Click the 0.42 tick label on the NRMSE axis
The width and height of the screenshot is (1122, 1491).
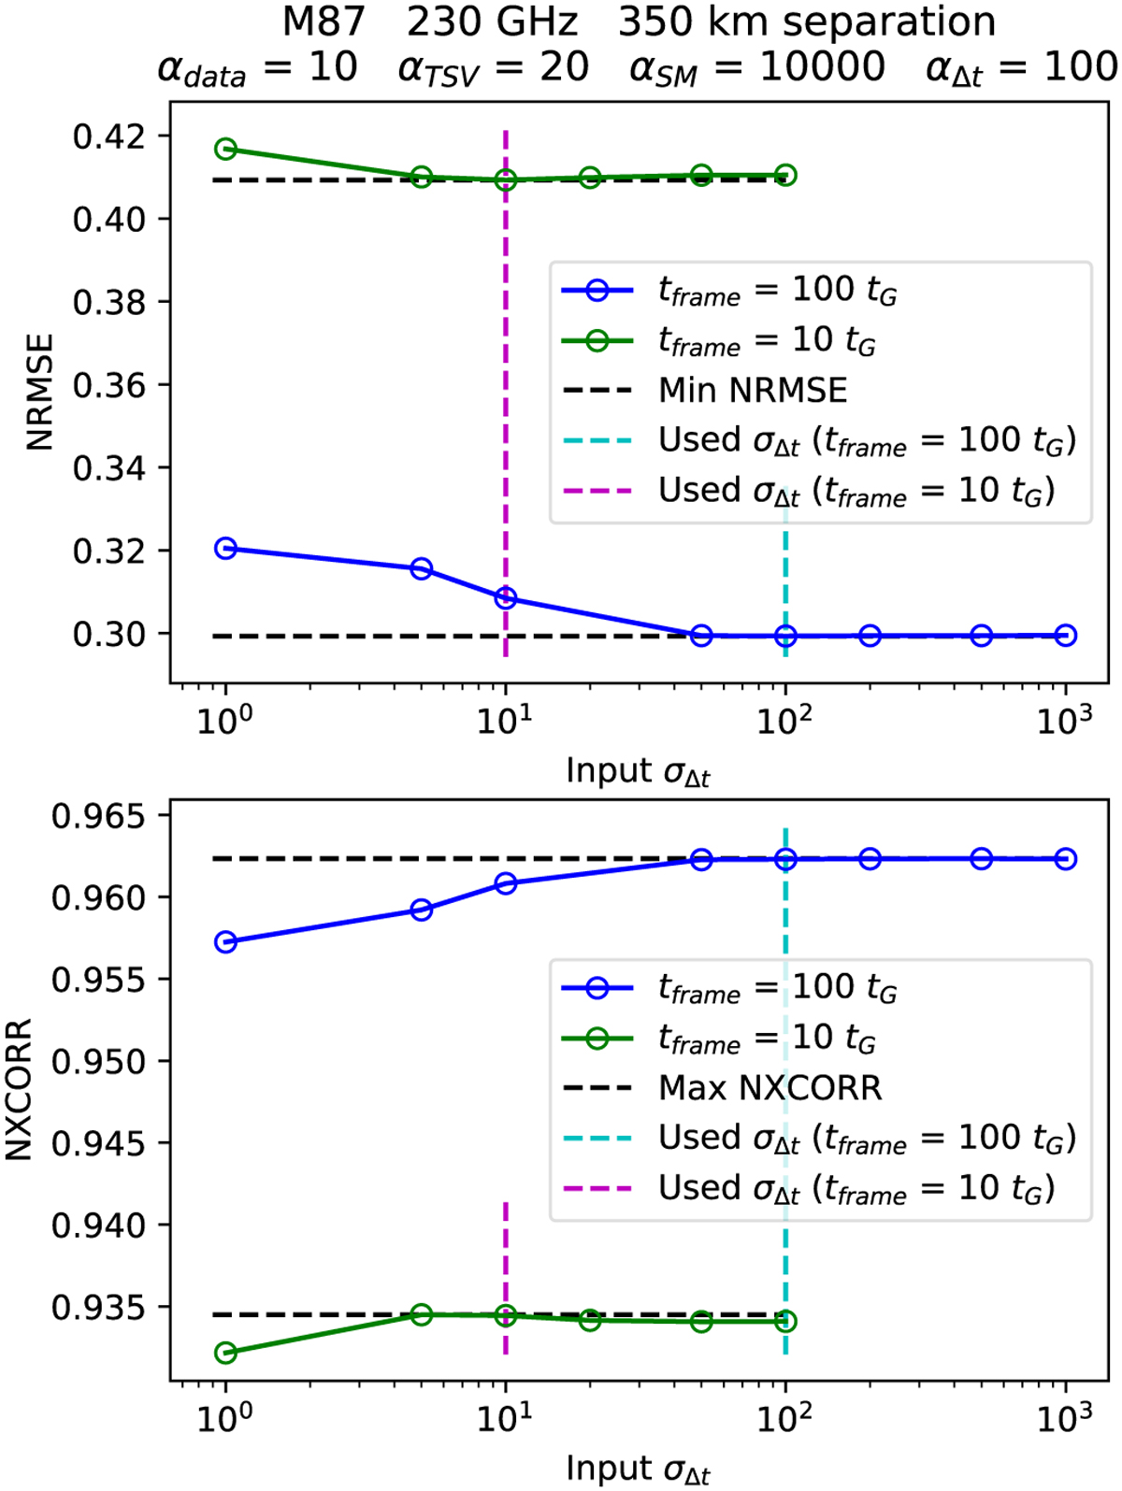click(x=109, y=136)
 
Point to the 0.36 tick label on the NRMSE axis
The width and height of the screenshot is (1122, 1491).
click(x=109, y=385)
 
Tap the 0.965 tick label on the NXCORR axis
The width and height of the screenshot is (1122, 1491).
click(x=99, y=816)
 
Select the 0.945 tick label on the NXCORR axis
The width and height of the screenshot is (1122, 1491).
click(x=99, y=1142)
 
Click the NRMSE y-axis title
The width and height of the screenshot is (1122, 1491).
click(x=40, y=393)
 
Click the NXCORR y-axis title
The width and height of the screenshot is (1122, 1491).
click(x=19, y=1090)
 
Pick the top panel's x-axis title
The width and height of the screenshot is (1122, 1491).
click(x=638, y=772)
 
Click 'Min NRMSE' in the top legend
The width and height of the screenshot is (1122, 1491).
click(x=753, y=390)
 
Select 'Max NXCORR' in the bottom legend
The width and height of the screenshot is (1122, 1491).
click(x=770, y=1087)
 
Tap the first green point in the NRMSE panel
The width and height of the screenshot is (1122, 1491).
click(x=225, y=150)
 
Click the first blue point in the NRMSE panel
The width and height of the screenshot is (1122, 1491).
click(x=225, y=549)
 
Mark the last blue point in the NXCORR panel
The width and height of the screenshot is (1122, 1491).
click(x=1065, y=859)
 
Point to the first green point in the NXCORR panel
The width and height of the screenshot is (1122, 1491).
click(x=225, y=1353)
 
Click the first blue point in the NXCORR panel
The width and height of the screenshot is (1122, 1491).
click(x=225, y=942)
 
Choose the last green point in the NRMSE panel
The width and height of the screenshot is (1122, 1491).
click(x=785, y=175)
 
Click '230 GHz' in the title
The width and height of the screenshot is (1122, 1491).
click(x=493, y=22)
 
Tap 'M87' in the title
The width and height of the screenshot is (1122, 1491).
click(x=324, y=22)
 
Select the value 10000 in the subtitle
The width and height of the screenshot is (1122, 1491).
click(x=823, y=67)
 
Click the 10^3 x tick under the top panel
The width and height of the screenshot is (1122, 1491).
click(x=1064, y=719)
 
